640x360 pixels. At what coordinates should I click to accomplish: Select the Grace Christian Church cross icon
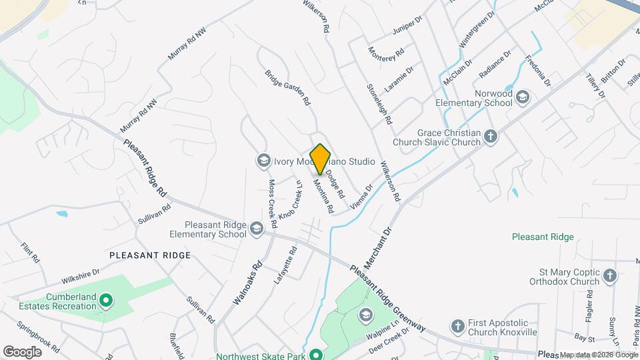pyautogui.click(x=491, y=137)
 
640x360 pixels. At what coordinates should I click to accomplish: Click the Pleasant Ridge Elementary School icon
pyautogui.click(x=257, y=230)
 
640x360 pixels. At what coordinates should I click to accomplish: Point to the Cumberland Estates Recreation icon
pyautogui.click(x=105, y=301)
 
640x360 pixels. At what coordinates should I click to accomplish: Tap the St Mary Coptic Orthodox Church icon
pyautogui.click(x=609, y=275)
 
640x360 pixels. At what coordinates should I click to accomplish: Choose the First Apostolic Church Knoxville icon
pyautogui.click(x=457, y=326)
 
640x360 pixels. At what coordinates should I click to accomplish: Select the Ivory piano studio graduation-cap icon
pyautogui.click(x=263, y=161)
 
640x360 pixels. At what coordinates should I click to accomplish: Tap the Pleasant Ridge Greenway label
pyautogui.click(x=387, y=297)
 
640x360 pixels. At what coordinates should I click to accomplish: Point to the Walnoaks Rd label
pyautogui.click(x=248, y=283)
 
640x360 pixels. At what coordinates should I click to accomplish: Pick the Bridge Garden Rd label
pyautogui.click(x=288, y=88)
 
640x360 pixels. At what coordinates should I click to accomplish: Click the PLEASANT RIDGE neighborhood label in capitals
pyautogui.click(x=150, y=255)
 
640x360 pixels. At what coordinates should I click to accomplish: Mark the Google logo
pyautogui.click(x=22, y=351)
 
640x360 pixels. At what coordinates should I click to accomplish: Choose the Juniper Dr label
pyautogui.click(x=409, y=27)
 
